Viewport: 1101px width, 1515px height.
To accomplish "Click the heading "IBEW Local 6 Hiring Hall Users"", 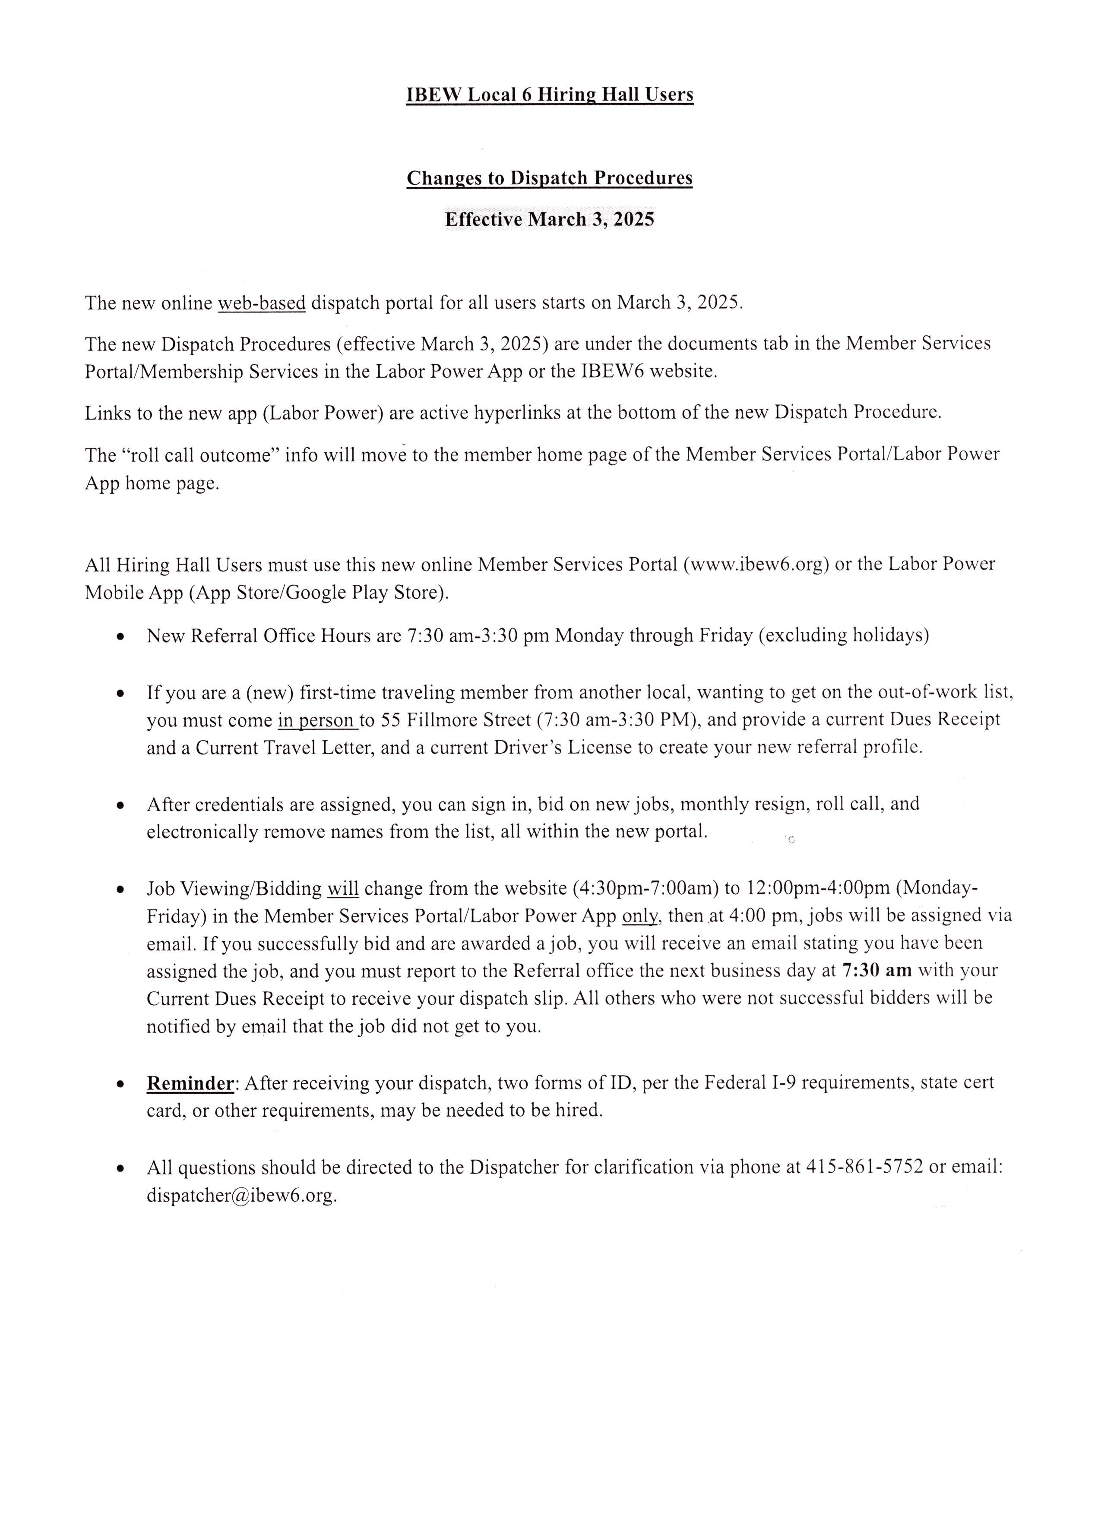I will coord(549,95).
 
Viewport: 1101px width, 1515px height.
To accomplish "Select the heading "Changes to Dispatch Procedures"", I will coord(549,178).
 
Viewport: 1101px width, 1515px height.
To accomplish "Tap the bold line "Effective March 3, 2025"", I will coord(549,220).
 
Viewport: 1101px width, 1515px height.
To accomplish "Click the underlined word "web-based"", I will coord(262,303).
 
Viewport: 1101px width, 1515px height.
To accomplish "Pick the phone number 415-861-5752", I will coord(865,1167).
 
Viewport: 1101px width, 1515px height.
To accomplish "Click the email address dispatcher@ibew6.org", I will coord(241,1195).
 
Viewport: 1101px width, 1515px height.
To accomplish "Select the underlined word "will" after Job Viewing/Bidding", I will coord(343,889).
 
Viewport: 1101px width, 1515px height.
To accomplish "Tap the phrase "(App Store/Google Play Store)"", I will coord(319,593).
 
